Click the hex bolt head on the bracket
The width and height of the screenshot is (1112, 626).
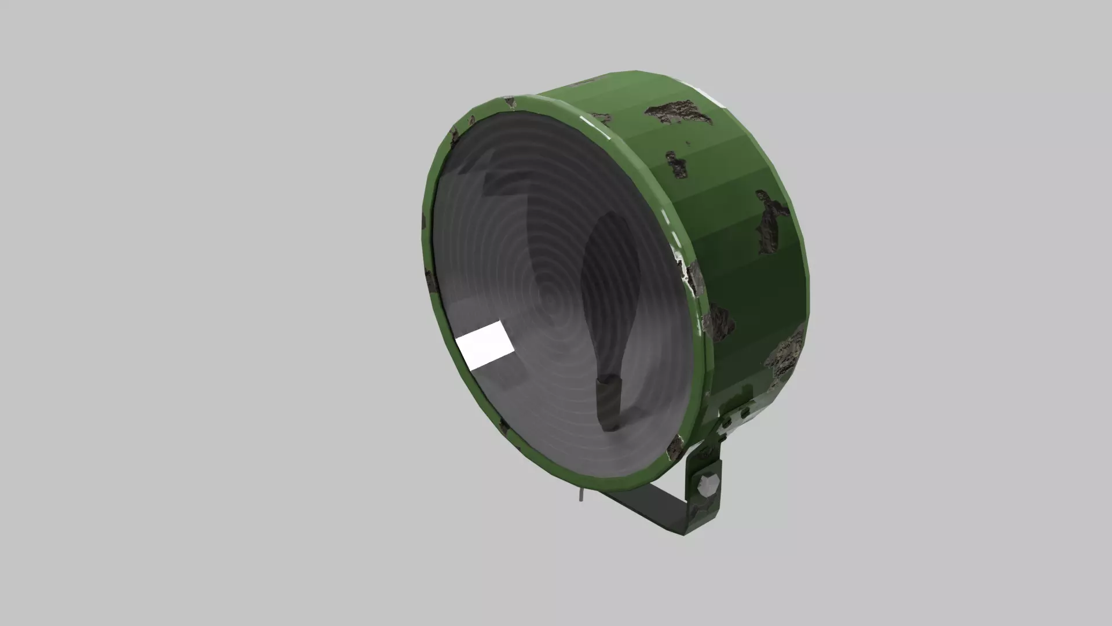pos(708,486)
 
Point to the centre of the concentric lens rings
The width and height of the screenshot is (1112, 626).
pos(551,302)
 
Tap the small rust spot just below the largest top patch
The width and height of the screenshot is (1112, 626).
pos(676,165)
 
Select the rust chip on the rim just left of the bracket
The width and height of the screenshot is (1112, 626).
pos(675,448)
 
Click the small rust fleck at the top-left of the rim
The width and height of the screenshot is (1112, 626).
pos(510,103)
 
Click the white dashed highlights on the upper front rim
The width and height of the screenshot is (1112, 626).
pos(597,128)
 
